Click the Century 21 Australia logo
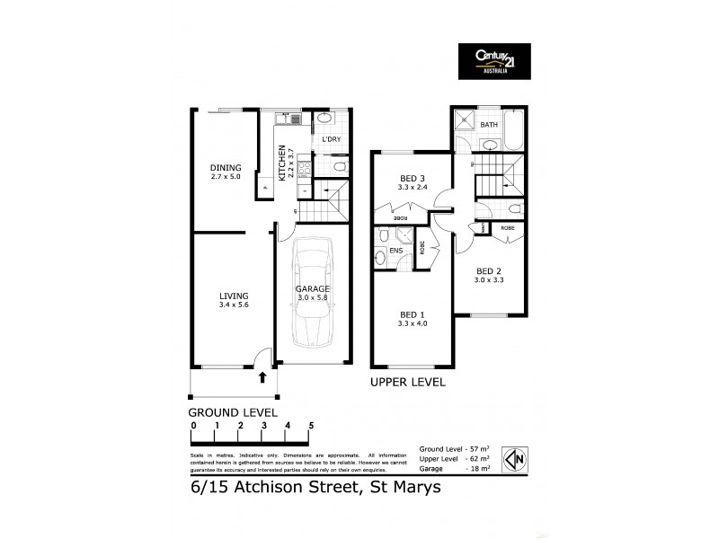(493, 62)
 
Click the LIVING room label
(234, 296)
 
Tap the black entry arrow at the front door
(262, 377)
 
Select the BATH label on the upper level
(489, 125)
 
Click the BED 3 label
(413, 179)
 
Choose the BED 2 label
(489, 271)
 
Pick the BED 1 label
(413, 314)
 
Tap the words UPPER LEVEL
(408, 383)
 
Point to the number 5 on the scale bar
(311, 425)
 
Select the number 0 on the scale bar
(192, 425)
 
